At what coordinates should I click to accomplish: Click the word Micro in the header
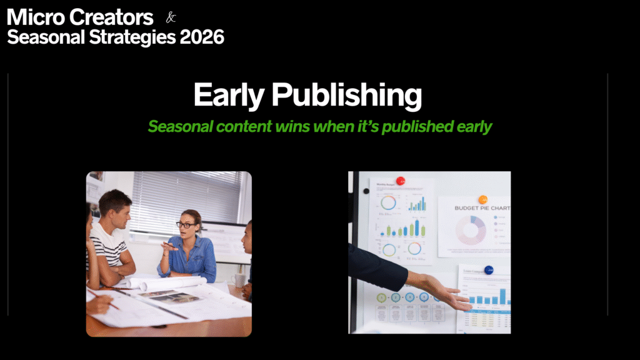click(34, 17)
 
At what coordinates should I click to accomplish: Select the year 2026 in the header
click(202, 37)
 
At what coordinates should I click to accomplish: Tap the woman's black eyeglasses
click(186, 224)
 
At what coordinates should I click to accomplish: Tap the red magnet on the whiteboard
click(401, 181)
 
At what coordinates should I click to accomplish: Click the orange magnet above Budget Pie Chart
click(482, 200)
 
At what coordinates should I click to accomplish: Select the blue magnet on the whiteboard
click(489, 270)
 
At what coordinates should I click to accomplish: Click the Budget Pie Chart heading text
click(481, 208)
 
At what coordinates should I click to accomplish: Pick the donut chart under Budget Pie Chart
click(471, 230)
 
